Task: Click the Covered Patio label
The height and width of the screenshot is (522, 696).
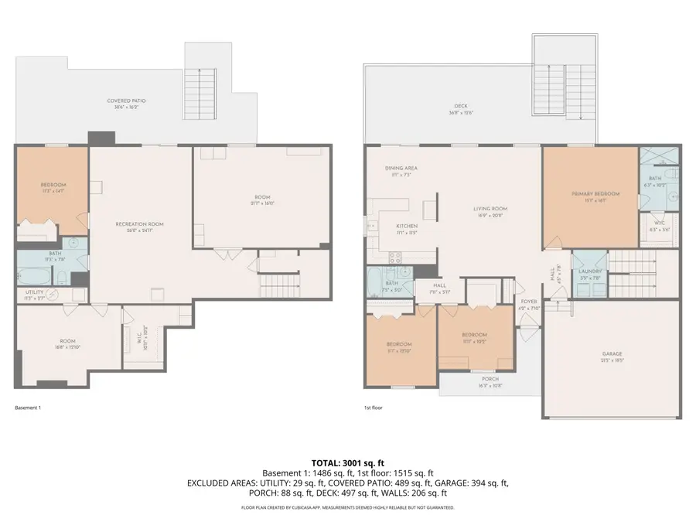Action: point(126,101)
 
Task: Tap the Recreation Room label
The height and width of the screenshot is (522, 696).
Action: point(139,224)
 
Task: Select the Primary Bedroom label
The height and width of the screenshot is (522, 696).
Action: point(592,193)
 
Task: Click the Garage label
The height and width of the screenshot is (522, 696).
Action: point(612,354)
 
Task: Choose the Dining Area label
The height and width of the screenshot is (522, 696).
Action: point(401,168)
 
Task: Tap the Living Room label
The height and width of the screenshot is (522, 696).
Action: point(490,208)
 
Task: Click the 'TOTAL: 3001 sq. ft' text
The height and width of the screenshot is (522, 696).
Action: point(347,462)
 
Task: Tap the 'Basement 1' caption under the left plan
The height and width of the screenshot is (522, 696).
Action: point(28,408)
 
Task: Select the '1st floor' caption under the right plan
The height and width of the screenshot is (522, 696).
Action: point(374,408)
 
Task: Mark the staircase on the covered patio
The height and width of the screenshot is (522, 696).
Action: point(206,81)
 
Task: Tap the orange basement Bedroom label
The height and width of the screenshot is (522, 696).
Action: point(53,185)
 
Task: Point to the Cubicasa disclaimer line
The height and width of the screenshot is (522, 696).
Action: point(347,508)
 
